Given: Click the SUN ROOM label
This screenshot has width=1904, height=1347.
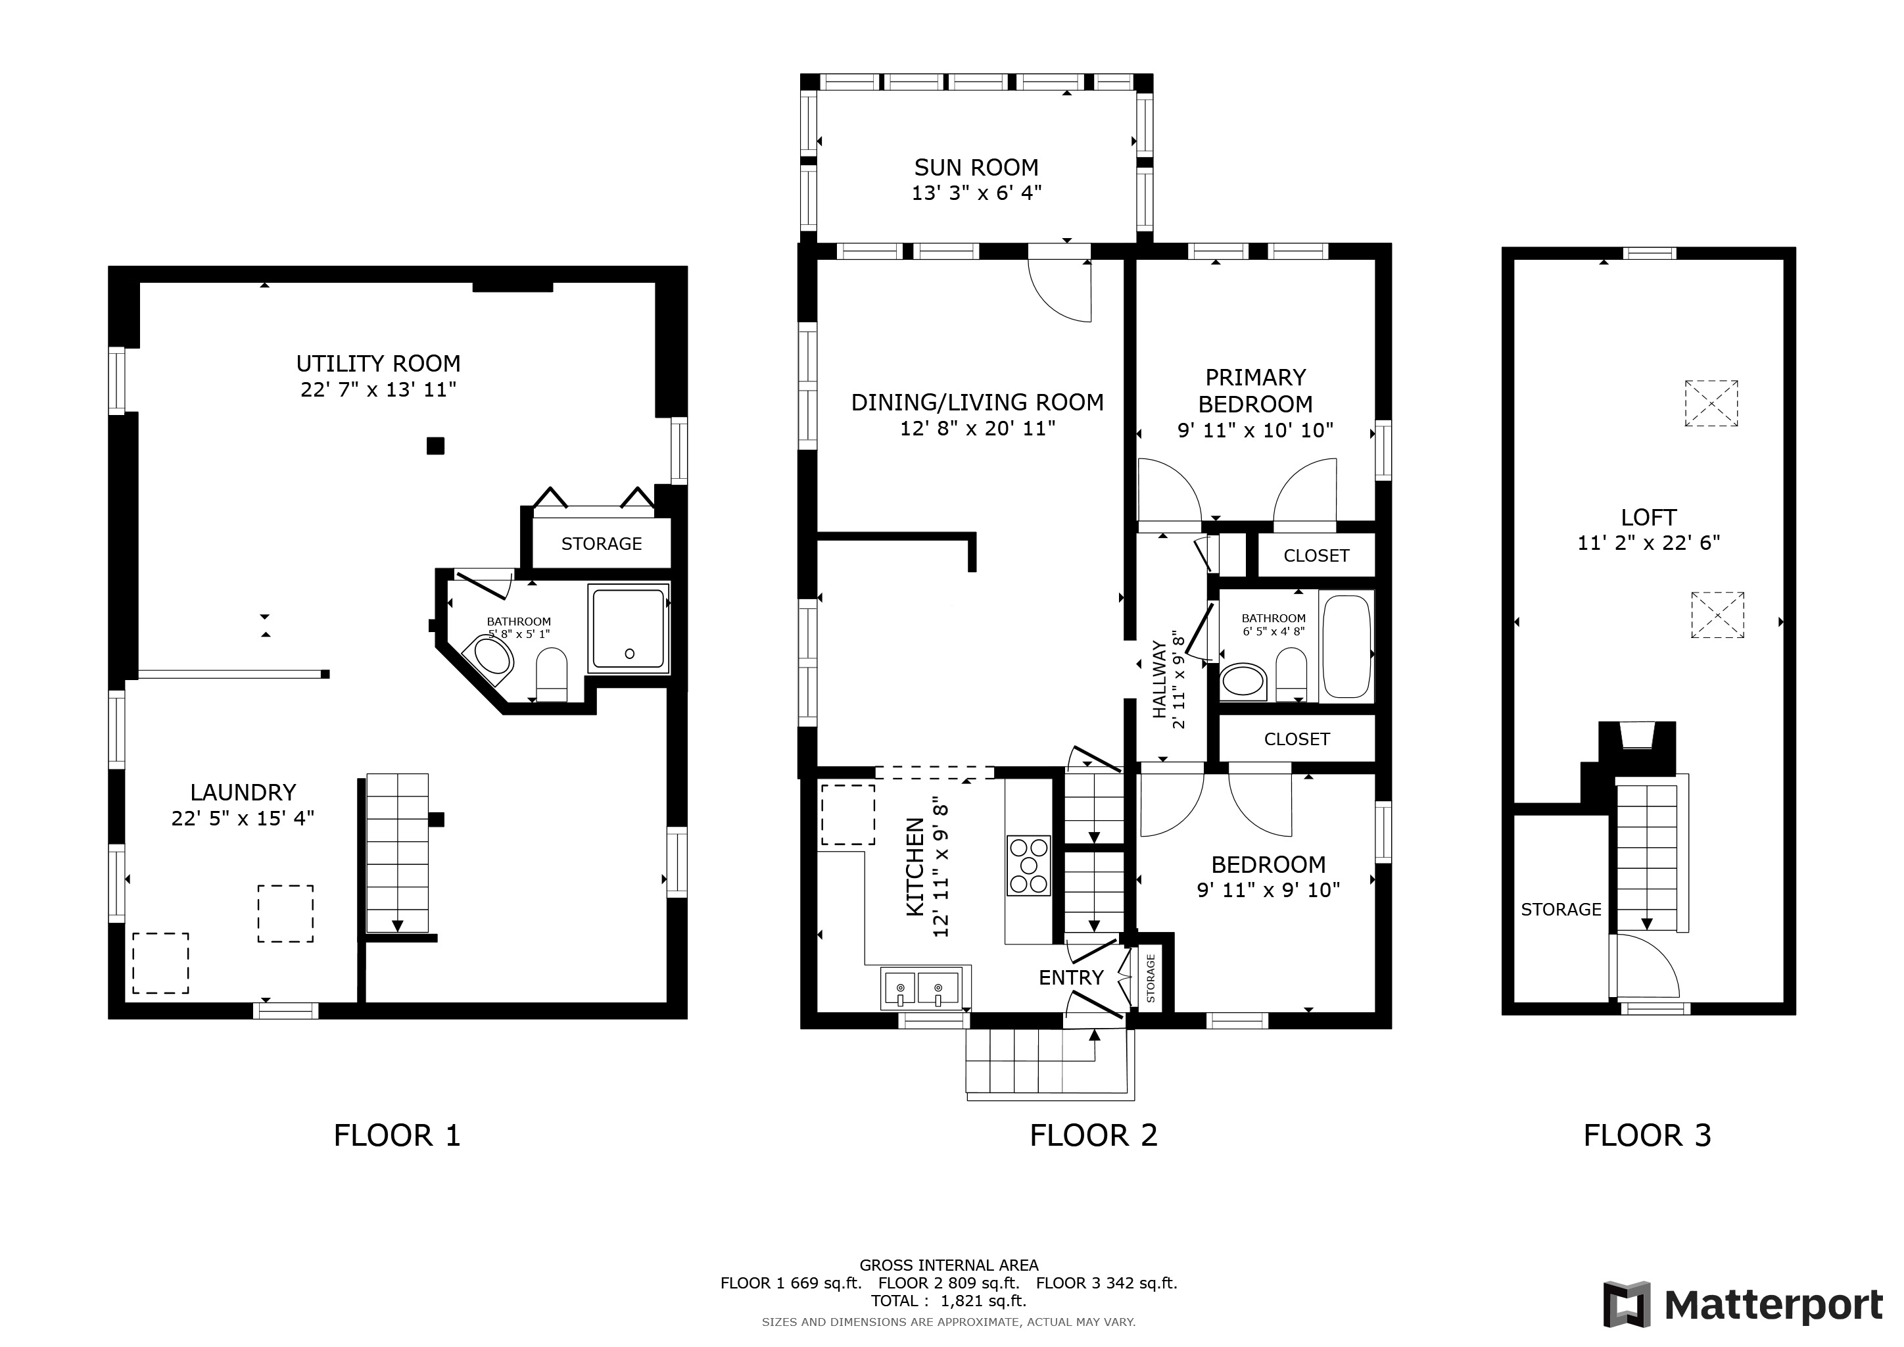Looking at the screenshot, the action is point(976,168).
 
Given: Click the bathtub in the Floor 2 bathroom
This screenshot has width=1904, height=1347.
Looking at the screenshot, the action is point(1345,646).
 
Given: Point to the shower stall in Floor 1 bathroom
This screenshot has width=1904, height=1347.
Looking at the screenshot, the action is point(628,628).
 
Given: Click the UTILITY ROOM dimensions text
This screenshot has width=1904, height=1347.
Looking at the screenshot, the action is point(378,390).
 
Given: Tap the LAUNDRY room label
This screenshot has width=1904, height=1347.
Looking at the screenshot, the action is point(243,792).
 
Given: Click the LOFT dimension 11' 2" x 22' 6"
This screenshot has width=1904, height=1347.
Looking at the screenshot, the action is point(1649,543).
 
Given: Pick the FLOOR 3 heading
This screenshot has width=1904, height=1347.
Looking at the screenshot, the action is point(1647,1135).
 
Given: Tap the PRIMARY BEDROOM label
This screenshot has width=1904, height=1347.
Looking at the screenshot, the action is point(1256,391).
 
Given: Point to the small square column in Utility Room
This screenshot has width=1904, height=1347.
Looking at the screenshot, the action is point(435,446).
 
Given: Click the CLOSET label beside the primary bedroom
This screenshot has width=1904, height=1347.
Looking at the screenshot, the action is point(1316,556).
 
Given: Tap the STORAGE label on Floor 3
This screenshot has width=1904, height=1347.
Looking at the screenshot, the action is point(1561,910).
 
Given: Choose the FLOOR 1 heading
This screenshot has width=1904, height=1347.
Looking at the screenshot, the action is point(396,1135).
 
